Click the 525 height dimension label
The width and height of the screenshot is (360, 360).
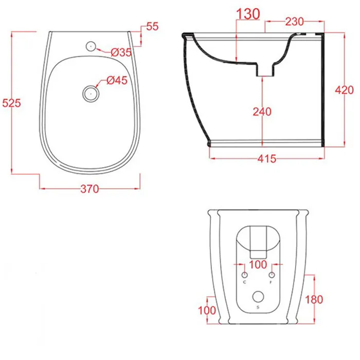(11, 103)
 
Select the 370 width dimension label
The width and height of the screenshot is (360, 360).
(89, 189)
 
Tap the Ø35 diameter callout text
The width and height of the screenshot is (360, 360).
(121, 52)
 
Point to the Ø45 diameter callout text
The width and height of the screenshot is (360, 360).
(117, 80)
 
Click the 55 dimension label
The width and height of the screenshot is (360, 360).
(152, 26)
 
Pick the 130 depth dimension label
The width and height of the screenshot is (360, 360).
(248, 14)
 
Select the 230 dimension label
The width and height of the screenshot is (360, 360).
(295, 22)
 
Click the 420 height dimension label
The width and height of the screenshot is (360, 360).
(345, 90)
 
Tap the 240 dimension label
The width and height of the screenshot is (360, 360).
(262, 112)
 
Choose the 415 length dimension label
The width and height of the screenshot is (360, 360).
(267, 158)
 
